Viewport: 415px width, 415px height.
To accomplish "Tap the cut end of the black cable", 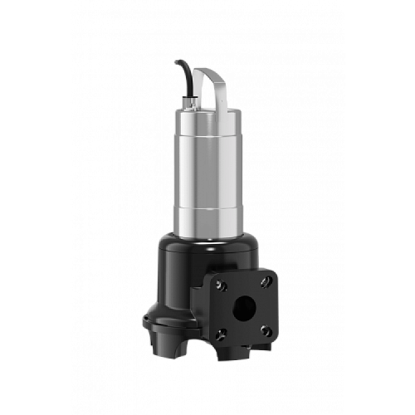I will (177, 62).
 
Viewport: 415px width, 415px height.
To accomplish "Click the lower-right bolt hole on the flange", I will (266, 331).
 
